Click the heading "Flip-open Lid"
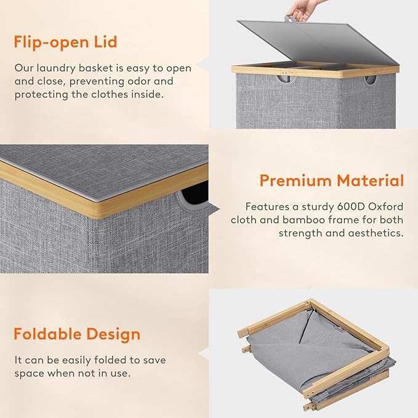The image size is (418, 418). tap(65, 42)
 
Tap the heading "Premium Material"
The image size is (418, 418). tap(332, 180)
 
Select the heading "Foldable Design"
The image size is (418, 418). tap(77, 334)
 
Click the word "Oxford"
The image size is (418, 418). tap(385, 207)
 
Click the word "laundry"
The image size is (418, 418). tap(56, 68)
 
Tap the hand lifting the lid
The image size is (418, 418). tap(300, 12)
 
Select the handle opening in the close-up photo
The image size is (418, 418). tap(194, 196)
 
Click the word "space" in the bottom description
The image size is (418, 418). tap(29, 374)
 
